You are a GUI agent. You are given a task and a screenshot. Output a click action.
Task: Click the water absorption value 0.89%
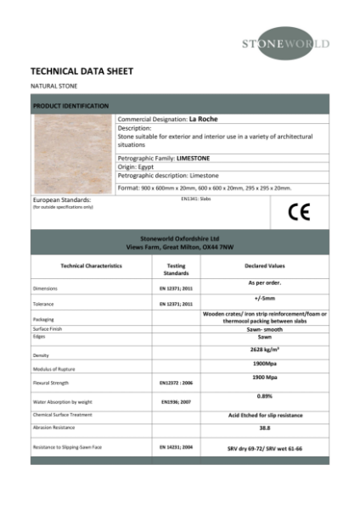coord(264,395)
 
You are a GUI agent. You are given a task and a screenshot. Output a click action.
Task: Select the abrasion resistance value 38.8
coord(264,429)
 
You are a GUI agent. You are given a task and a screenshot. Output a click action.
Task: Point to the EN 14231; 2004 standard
coord(177,446)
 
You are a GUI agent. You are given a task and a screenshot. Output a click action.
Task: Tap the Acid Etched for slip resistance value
coord(265,415)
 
